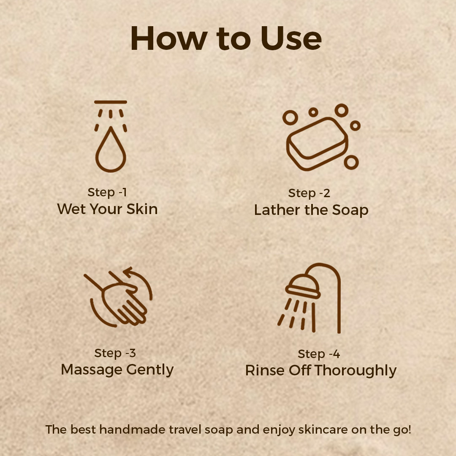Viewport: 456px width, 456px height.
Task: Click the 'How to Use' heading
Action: pyautogui.click(x=226, y=38)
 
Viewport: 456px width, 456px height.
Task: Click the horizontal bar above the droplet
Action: pyautogui.click(x=111, y=102)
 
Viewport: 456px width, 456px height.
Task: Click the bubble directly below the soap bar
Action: pyautogui.click(x=351, y=162)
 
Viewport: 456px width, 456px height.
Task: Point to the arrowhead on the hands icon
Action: pyautogui.click(x=128, y=272)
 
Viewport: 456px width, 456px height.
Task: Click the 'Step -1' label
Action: pyautogui.click(x=107, y=192)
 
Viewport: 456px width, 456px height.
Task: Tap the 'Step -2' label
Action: pyautogui.click(x=309, y=193)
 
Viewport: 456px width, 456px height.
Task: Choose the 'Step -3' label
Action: pyautogui.click(x=115, y=353)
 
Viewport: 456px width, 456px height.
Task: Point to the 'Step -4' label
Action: pyautogui.click(x=319, y=354)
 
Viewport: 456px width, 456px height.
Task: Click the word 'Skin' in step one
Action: pyautogui.click(x=142, y=209)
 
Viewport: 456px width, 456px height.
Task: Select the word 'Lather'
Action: pyautogui.click(x=277, y=210)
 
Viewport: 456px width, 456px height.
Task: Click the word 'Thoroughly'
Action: pyautogui.click(x=356, y=371)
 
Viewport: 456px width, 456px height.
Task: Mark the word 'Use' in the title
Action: pyautogui.click(x=291, y=38)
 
